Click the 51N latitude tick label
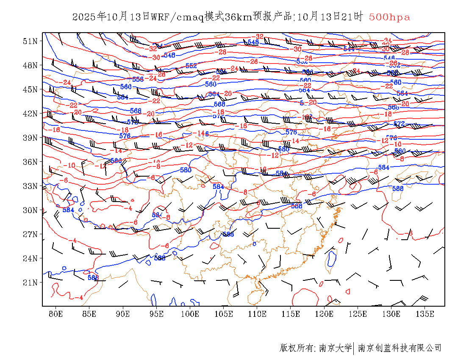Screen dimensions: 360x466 [31, 41]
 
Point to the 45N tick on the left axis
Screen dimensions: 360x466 [31, 89]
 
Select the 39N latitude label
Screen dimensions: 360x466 [31, 138]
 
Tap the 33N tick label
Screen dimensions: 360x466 [31, 186]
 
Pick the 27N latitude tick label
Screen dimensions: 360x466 [31, 234]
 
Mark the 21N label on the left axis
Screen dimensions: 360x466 [31, 282]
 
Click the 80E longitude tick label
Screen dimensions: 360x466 [56, 314]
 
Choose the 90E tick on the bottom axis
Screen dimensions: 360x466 [123, 314]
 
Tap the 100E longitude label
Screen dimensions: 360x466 [190, 314]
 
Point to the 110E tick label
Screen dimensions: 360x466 [257, 314]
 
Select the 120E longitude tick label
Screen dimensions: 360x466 [325, 314]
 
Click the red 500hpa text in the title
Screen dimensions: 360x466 [389, 17]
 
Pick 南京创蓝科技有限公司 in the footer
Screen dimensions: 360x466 [399, 348]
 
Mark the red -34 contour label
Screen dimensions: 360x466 [387, 41]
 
